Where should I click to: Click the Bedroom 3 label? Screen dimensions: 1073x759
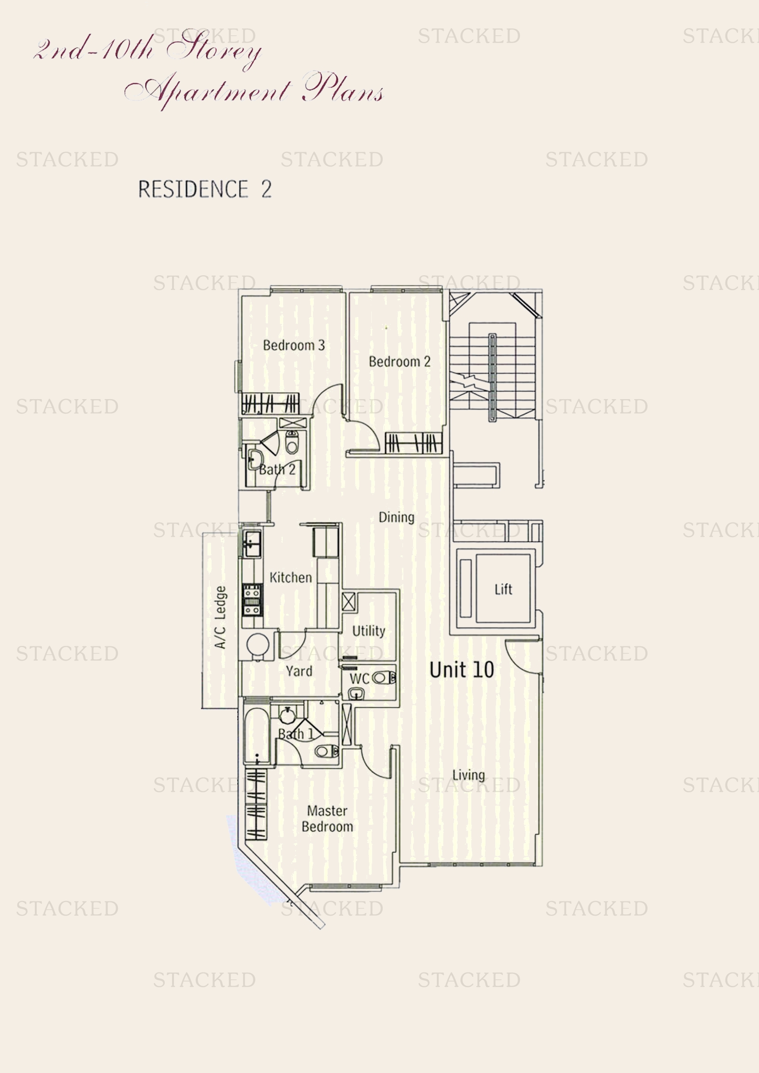[x=294, y=345]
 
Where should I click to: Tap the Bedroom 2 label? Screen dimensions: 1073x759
[x=399, y=361]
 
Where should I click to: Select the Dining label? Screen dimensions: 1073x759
[x=396, y=517]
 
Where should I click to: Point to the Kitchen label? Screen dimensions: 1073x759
[x=290, y=578]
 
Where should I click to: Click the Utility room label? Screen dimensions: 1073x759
[x=369, y=631]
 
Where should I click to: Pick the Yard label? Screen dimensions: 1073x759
[x=299, y=671]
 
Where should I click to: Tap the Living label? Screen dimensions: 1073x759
[x=469, y=775]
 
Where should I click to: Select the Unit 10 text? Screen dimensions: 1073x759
[x=461, y=670]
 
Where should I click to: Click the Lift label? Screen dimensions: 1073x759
[x=503, y=589]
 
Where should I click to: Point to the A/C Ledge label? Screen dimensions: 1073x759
[x=220, y=617]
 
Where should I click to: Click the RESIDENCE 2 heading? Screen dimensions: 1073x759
[x=205, y=189]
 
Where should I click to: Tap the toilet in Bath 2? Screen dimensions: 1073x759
[x=292, y=442]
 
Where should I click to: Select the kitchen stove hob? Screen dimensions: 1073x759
[x=252, y=600]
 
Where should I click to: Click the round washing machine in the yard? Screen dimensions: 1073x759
[x=257, y=645]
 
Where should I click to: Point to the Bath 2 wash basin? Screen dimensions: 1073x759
[x=254, y=459]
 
